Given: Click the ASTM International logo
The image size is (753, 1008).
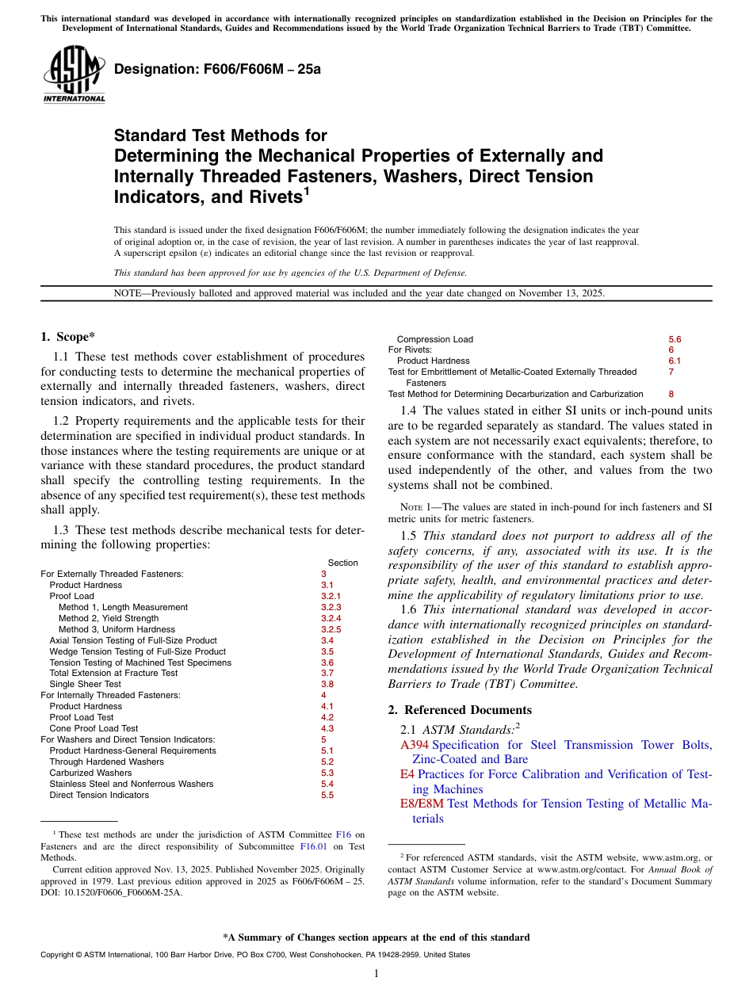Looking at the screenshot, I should (x=74, y=74).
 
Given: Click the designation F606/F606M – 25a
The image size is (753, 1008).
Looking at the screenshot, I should (x=217, y=70).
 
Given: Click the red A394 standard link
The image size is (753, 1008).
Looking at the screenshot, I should (x=414, y=745).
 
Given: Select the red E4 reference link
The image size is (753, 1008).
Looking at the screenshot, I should (x=407, y=774).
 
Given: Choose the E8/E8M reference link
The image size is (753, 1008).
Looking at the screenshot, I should (x=422, y=804).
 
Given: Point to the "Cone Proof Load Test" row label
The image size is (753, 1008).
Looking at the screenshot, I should (x=94, y=728).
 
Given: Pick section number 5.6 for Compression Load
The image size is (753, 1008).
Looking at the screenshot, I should (x=675, y=339).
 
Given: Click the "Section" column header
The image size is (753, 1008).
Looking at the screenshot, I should (x=342, y=563).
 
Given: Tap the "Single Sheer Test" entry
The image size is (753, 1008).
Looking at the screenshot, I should (x=85, y=684).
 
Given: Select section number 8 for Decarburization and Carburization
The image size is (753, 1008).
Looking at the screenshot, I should (x=671, y=394).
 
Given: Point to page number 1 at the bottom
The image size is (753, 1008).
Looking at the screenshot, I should (x=376, y=974).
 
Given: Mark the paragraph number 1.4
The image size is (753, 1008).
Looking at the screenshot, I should (x=409, y=410).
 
